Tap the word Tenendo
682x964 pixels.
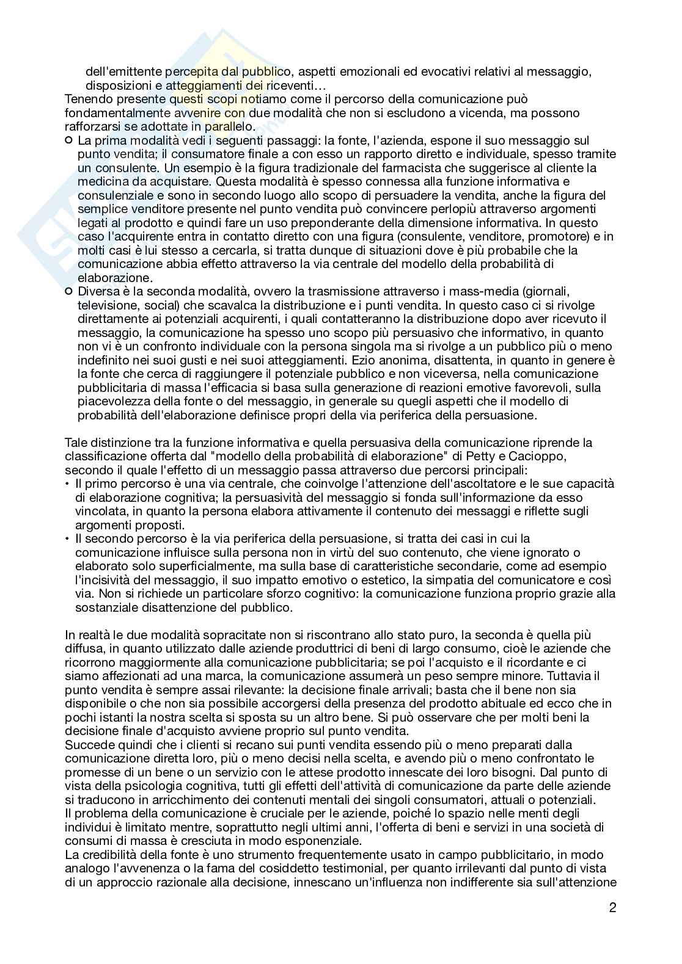pos(87,99)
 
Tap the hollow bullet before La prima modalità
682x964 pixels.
pos(68,141)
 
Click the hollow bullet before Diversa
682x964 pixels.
pos(68,292)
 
